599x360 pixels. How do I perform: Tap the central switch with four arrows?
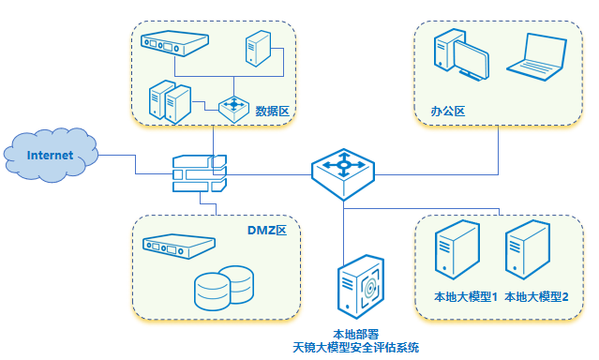click(343, 169)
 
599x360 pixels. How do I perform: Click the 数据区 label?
click(271, 111)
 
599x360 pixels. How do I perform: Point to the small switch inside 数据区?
click(233, 107)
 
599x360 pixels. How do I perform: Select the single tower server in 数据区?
click(259, 47)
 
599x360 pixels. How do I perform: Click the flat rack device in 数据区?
click(174, 43)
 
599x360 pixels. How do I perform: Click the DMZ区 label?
click(272, 230)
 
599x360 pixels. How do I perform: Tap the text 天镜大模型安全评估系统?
click(355, 347)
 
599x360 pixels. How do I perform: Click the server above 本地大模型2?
click(527, 251)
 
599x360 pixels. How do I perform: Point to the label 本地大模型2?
click(537, 296)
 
